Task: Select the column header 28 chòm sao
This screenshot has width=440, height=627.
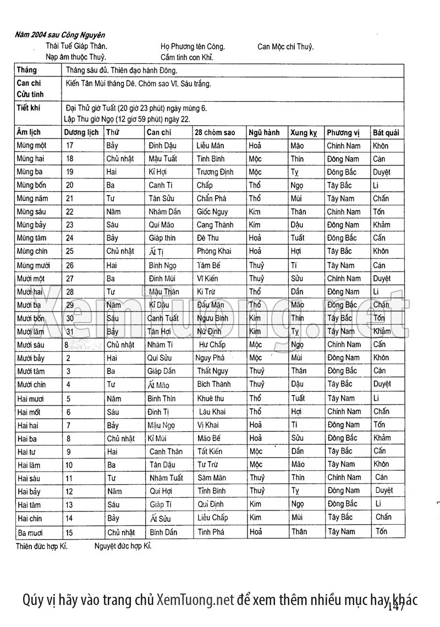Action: [215, 132]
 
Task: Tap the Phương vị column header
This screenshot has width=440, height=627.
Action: [343, 132]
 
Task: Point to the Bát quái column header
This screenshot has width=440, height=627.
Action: [386, 132]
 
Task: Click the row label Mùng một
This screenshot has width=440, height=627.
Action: [31, 146]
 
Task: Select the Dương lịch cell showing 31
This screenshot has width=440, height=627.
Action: [69, 331]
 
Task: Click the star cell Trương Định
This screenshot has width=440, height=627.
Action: [212, 172]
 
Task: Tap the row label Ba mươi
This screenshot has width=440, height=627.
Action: [30, 532]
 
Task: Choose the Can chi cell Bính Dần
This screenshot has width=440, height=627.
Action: [163, 532]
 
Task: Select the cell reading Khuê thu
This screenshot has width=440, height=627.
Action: [211, 398]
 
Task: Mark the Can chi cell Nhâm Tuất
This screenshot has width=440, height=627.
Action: [166, 478]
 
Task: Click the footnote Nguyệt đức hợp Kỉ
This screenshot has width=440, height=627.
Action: [123, 546]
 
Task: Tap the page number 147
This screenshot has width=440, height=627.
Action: [396, 607]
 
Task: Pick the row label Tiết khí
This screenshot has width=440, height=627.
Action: [29, 108]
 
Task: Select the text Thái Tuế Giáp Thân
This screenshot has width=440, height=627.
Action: [76, 47]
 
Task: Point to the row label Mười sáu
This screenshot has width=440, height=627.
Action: [31, 345]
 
